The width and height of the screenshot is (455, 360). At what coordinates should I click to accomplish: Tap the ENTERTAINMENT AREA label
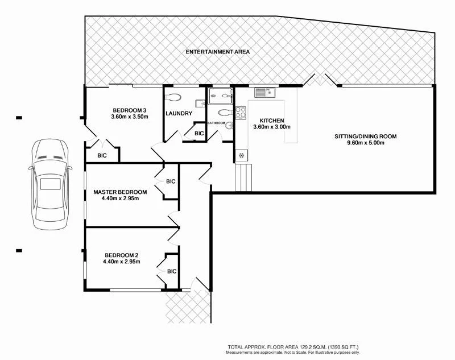coord(218,52)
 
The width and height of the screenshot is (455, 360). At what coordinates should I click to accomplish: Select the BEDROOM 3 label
coord(130,110)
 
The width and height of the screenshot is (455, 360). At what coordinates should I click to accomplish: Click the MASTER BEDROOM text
coord(120,192)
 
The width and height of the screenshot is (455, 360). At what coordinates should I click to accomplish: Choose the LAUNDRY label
coord(179,114)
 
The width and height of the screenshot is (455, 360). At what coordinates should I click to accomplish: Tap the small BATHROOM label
coord(217,123)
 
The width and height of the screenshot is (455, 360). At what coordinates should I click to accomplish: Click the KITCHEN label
coord(271,121)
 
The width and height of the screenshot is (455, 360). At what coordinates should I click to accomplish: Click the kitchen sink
coord(264,92)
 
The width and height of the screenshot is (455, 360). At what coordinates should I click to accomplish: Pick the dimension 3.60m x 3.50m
coord(130,117)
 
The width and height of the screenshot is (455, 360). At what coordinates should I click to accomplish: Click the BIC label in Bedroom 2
coord(172,271)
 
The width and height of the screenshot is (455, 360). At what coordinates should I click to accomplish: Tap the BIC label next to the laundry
coord(199,134)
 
